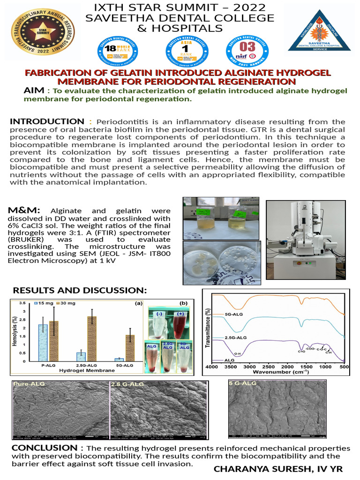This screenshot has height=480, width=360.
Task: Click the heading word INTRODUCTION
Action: pos(47,122)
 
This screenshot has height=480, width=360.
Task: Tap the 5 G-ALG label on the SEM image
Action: pos(244,383)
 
